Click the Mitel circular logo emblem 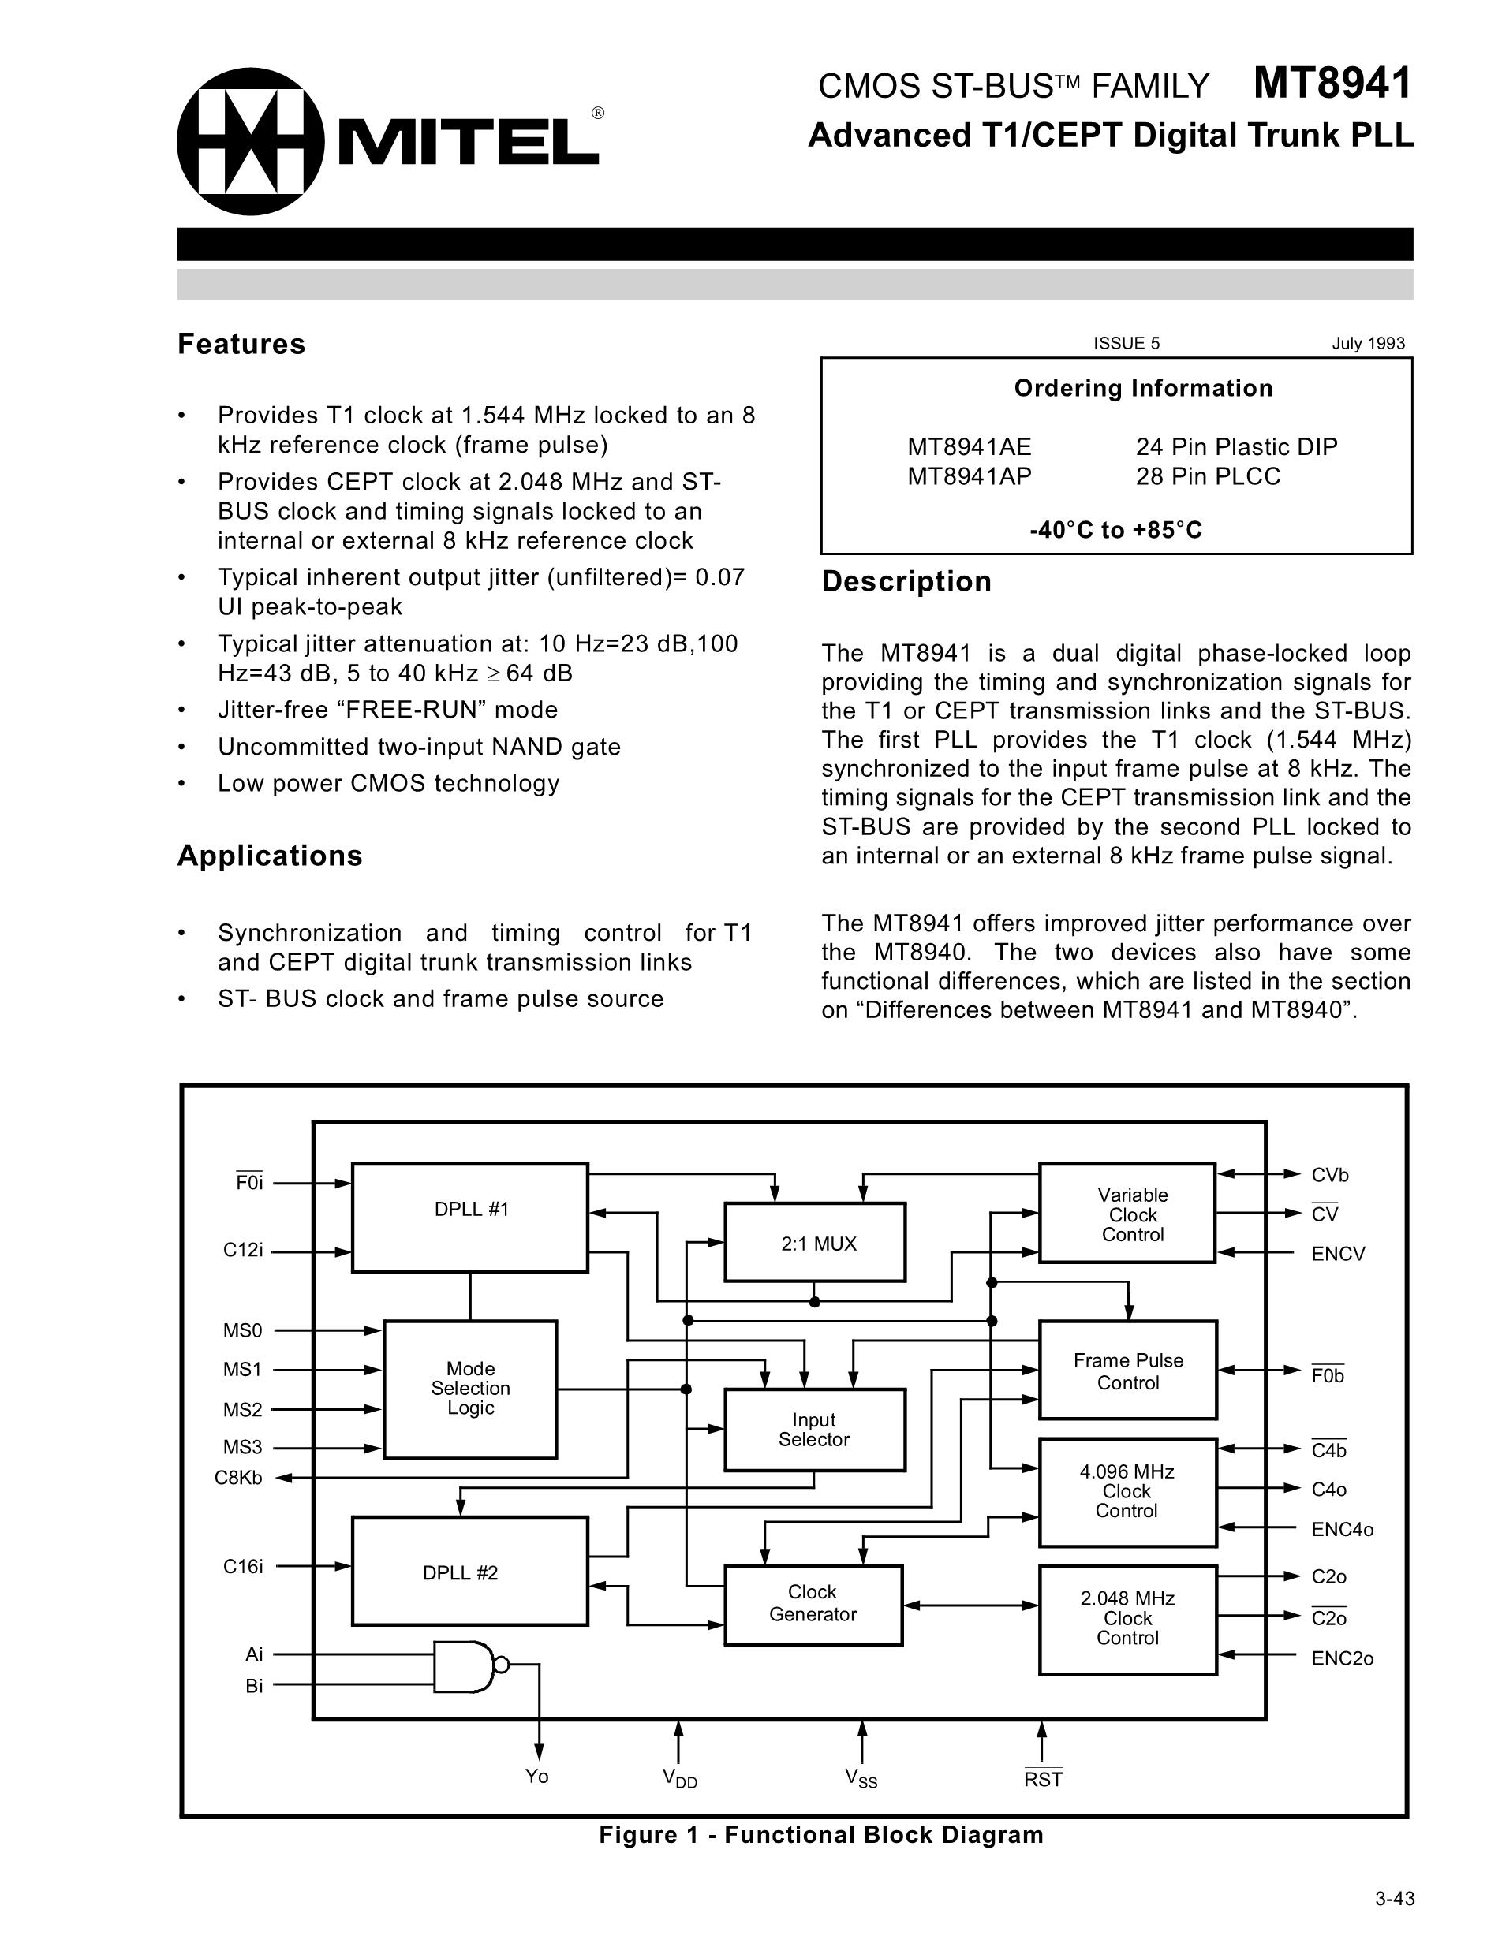(x=251, y=141)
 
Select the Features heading (x=241, y=345)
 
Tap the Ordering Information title (x=1143, y=389)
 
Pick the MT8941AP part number (x=969, y=477)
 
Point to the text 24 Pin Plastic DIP (x=1236, y=446)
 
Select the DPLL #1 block (x=470, y=1217)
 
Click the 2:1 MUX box (x=815, y=1243)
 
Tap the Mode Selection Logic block (x=470, y=1389)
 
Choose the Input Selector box (x=814, y=1430)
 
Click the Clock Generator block (x=813, y=1604)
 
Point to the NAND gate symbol (x=465, y=1666)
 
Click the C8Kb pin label (x=238, y=1479)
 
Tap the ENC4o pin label (x=1342, y=1529)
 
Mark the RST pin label (x=1043, y=1778)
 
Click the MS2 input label (x=242, y=1410)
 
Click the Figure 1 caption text (x=820, y=1835)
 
